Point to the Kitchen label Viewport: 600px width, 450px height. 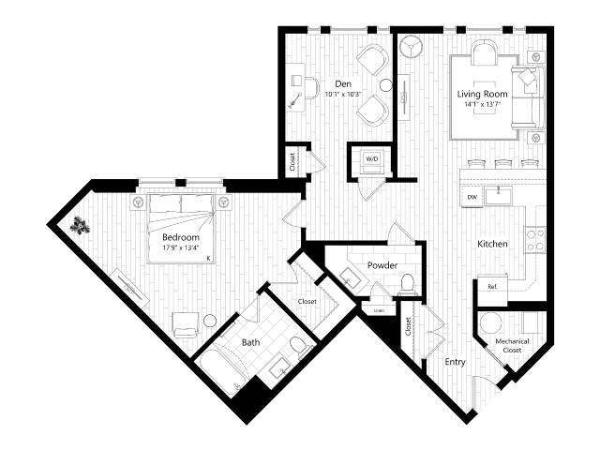(x=492, y=244)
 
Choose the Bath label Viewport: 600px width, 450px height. (x=251, y=342)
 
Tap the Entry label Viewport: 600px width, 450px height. (x=455, y=361)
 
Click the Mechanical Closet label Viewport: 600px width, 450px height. (x=513, y=346)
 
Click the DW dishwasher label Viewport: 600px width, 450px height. (x=472, y=197)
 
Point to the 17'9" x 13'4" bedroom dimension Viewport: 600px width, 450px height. (x=179, y=248)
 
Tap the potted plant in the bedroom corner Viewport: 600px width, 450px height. (x=82, y=225)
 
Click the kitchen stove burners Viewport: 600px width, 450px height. (x=537, y=239)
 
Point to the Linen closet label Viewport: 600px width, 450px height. (x=379, y=309)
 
